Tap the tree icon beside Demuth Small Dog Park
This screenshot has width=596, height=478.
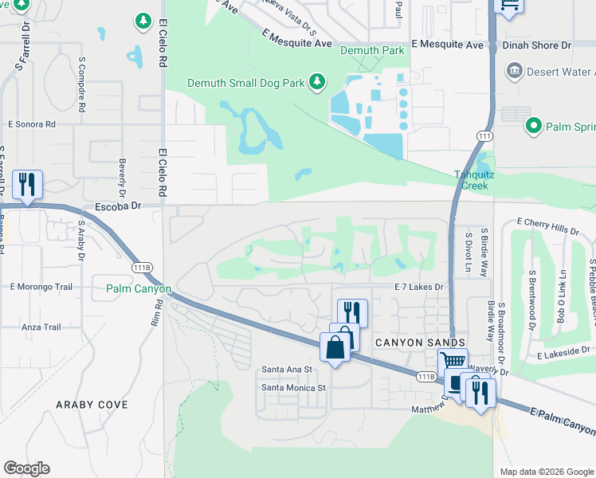point(317,82)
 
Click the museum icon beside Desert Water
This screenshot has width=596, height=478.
point(514,72)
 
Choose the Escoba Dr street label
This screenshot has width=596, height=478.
point(116,206)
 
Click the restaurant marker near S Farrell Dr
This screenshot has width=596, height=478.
point(27,185)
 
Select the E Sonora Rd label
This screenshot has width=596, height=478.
point(32,124)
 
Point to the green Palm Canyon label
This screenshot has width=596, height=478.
point(139,288)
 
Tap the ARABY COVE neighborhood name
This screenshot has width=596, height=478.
point(92,405)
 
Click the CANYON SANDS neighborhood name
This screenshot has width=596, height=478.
point(409,341)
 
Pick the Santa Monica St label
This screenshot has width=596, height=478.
point(294,388)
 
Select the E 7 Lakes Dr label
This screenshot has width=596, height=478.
point(418,286)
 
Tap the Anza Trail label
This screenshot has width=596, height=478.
point(41,327)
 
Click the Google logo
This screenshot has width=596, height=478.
point(26,468)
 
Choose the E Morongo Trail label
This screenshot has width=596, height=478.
point(41,286)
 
